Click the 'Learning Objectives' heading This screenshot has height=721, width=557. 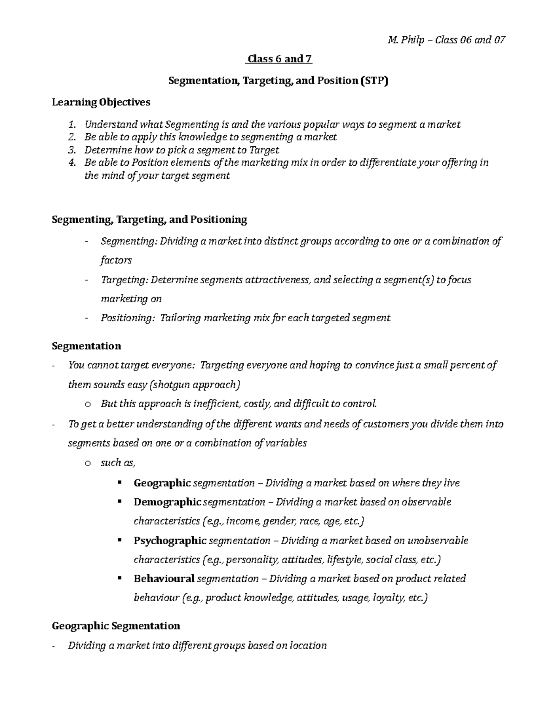pyautogui.click(x=101, y=102)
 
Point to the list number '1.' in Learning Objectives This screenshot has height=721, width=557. pyautogui.click(x=71, y=124)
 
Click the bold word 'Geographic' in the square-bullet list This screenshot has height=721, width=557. pyautogui.click(x=162, y=483)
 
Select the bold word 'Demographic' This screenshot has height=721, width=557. pyautogui.click(x=167, y=502)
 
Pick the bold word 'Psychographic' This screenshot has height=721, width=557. pyautogui.click(x=170, y=540)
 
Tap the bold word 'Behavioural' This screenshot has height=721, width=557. pyautogui.click(x=164, y=578)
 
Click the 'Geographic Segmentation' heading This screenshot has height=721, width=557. pyautogui.click(x=116, y=626)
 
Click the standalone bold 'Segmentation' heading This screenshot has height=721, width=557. pyautogui.click(x=86, y=346)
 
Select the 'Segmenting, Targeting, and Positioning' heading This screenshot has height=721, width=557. pyautogui.click(x=149, y=219)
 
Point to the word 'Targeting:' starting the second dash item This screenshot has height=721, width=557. pyautogui.click(x=124, y=280)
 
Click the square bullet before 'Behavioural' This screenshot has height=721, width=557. pyautogui.click(x=120, y=578)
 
